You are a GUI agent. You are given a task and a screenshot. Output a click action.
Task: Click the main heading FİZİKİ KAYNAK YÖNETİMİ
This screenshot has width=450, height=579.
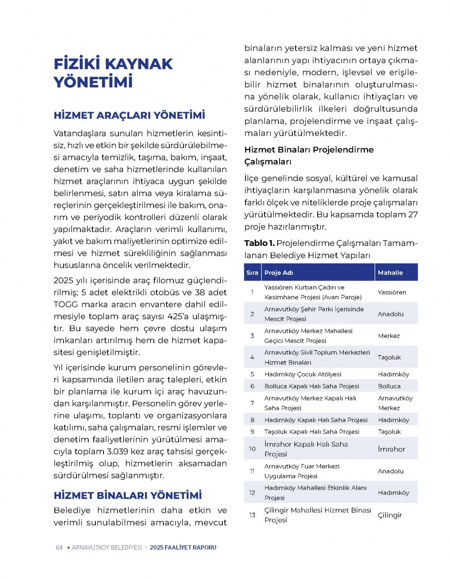click(x=113, y=73)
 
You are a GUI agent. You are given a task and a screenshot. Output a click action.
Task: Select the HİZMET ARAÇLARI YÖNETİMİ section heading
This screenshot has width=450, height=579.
click(x=129, y=115)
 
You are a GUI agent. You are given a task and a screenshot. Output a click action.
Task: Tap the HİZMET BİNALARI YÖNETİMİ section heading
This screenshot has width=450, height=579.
click(x=128, y=495)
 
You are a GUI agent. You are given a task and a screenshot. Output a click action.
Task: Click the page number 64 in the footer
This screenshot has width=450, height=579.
click(x=59, y=547)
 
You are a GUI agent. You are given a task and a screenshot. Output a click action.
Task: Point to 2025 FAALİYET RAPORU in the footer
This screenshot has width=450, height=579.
click(x=183, y=547)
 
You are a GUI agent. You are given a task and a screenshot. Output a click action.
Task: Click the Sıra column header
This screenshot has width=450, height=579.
click(x=252, y=273)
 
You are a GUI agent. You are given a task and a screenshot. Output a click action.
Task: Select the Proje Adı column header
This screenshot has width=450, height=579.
click(x=279, y=273)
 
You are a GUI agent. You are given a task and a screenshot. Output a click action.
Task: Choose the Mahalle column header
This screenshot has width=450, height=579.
click(x=390, y=273)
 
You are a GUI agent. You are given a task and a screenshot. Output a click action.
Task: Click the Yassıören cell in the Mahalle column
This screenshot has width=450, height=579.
click(x=392, y=292)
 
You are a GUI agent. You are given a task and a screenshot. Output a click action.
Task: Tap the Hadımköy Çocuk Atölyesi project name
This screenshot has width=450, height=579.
click(x=303, y=374)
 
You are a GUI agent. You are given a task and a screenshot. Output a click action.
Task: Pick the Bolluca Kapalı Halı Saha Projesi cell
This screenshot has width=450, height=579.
click(x=311, y=386)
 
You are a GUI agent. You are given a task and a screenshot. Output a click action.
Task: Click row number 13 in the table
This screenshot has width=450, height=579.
click(x=252, y=515)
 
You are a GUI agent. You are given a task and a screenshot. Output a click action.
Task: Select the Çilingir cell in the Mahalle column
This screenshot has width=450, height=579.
click(x=390, y=515)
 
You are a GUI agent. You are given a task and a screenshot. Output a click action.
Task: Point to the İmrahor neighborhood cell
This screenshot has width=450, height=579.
click(x=391, y=449)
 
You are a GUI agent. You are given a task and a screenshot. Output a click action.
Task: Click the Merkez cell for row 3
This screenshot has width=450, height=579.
click(x=389, y=336)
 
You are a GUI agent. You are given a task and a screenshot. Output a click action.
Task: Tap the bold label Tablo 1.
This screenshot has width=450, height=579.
click(x=259, y=243)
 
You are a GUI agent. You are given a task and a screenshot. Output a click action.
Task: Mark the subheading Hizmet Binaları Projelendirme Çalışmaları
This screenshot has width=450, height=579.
click(x=309, y=155)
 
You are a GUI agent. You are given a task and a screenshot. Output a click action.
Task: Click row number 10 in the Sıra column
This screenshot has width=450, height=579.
click(x=252, y=449)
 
